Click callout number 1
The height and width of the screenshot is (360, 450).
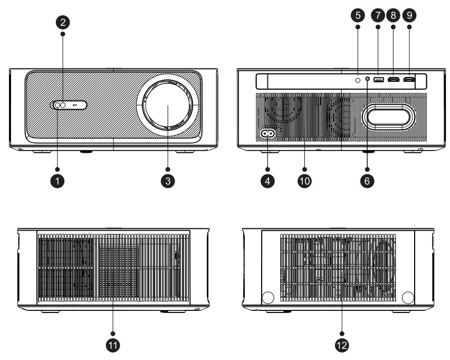(x=59, y=180)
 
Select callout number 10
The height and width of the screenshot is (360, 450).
(x=304, y=180)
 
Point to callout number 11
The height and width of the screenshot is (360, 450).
(x=113, y=345)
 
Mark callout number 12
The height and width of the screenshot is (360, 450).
(x=341, y=345)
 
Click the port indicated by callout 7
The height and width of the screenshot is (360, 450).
(x=378, y=80)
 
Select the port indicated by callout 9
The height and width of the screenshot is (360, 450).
(x=409, y=80)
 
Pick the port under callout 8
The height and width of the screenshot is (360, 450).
(x=393, y=80)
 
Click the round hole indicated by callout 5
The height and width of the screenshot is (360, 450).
(x=357, y=80)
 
